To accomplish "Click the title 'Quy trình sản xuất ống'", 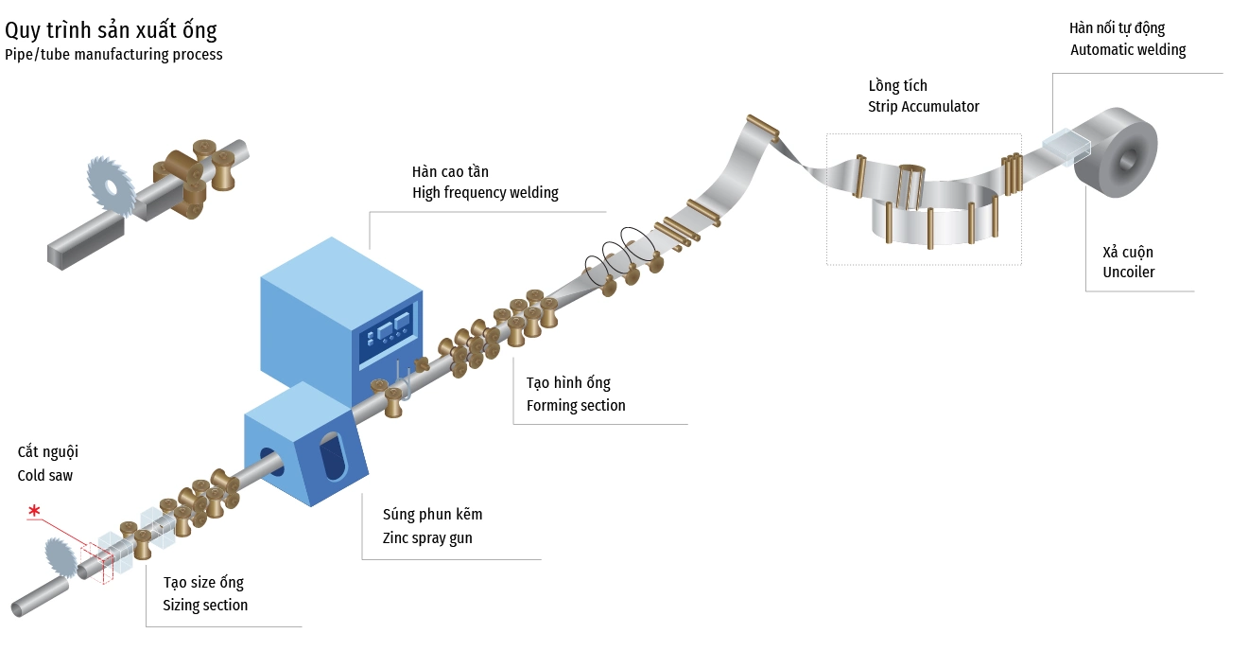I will click(111, 30).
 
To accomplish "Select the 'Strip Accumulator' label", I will click(923, 107).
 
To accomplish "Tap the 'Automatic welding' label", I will click(1127, 50).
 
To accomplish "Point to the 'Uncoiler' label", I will click(1128, 273).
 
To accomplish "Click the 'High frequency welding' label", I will click(485, 193).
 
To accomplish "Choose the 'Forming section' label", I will click(576, 406).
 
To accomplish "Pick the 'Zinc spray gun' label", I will click(427, 538).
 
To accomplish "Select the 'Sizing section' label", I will click(205, 606).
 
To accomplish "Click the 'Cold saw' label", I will click(45, 476).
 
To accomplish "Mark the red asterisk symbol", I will click(34, 513).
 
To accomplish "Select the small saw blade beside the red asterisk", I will click(62, 555).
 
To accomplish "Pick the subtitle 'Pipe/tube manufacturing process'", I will click(113, 55).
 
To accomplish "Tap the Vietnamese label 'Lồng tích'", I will click(897, 86).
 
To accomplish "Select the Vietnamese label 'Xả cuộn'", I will click(1127, 253).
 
